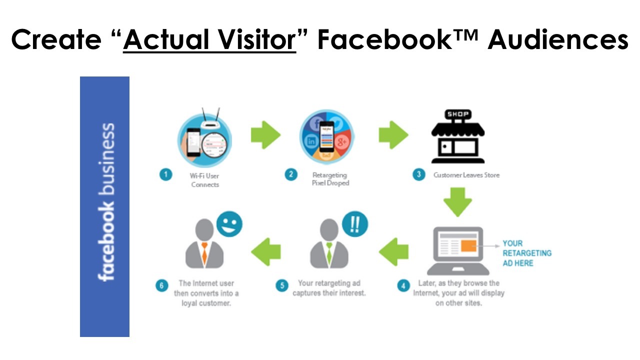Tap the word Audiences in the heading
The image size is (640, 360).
(x=558, y=39)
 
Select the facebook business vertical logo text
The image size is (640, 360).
(x=106, y=202)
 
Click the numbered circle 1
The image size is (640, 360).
(x=165, y=174)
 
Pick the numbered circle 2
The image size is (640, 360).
(x=291, y=174)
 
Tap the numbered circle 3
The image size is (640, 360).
(x=419, y=174)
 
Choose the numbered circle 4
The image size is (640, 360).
(x=403, y=285)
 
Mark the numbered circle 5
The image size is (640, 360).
(x=281, y=285)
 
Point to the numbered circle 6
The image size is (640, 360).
(x=161, y=285)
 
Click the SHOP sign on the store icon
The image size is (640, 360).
(x=457, y=114)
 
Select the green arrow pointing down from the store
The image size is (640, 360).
(x=457, y=202)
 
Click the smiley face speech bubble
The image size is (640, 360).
(x=229, y=223)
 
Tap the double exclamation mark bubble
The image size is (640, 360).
(x=355, y=223)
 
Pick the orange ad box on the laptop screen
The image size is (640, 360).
(x=468, y=246)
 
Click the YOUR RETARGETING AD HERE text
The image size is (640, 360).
(x=527, y=253)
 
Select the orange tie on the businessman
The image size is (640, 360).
(x=204, y=253)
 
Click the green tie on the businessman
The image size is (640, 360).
(x=329, y=253)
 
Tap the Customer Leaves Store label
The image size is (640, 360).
(x=466, y=175)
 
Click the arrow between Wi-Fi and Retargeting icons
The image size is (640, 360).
(x=265, y=135)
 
